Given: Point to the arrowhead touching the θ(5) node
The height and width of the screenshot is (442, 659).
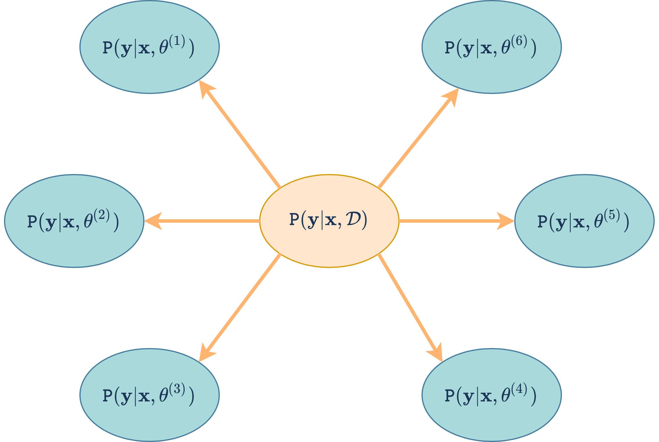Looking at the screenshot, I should (x=506, y=221).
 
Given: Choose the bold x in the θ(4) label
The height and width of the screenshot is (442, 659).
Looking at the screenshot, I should (x=486, y=396).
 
